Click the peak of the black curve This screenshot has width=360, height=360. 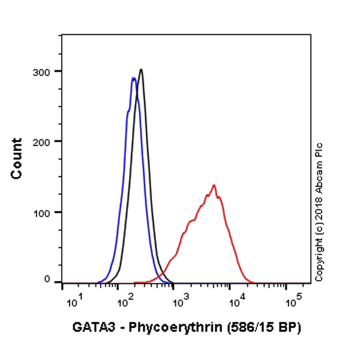click(x=141, y=70)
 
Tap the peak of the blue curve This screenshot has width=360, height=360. click(x=133, y=77)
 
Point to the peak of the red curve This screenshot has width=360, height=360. click(x=214, y=185)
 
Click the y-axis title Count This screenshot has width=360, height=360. click(x=17, y=158)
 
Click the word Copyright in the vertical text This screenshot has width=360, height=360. click(x=319, y=259)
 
